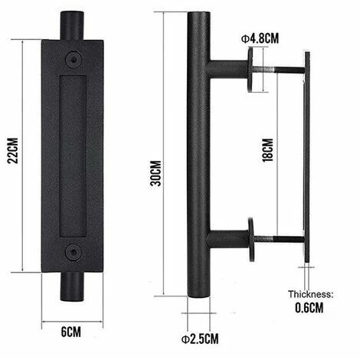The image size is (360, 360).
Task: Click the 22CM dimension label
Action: pos(13,151)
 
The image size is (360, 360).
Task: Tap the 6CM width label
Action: pos(71,332)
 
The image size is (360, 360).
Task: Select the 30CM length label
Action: pos(155,173)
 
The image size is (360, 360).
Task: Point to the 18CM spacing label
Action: pos(267,150)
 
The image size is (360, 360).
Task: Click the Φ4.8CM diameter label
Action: pos(260,38)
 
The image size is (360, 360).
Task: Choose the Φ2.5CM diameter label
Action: pos(200,339)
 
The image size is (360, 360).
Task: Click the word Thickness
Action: pos(311,294)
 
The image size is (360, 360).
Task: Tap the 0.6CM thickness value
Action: pos(309,308)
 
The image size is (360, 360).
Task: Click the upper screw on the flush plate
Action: pos(74,60)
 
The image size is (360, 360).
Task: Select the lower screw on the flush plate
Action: pos(74,252)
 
